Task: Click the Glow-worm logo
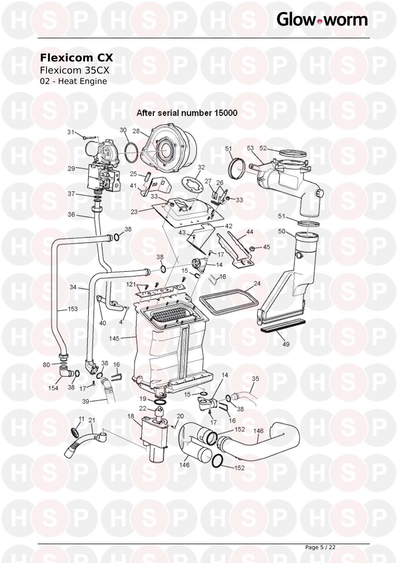[322, 20]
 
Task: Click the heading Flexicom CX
[76, 58]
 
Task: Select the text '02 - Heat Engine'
[73, 81]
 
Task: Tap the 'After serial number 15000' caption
[187, 113]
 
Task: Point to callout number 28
[136, 131]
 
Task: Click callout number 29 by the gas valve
[71, 169]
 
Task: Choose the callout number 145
[114, 338]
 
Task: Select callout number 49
[286, 344]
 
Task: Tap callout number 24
[257, 283]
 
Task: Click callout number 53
[250, 148]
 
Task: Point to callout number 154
[53, 388]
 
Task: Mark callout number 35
[255, 379]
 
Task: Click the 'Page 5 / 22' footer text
[320, 547]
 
